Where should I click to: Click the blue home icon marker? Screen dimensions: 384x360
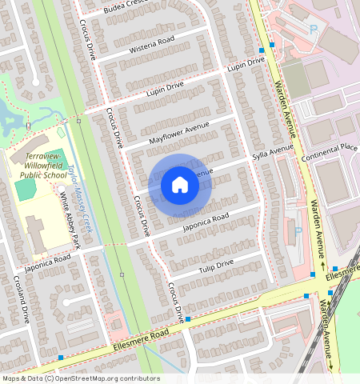point(180,185)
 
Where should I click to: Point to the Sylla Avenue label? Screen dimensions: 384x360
point(273,152)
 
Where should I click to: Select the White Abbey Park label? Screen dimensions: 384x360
point(70,219)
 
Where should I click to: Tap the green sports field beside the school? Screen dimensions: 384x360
point(26,189)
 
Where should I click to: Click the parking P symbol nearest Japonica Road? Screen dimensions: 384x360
point(298,231)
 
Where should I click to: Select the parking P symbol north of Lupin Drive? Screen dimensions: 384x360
point(313,28)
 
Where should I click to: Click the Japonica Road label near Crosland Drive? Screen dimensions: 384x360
point(47,261)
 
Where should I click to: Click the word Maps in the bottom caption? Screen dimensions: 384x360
point(11,378)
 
